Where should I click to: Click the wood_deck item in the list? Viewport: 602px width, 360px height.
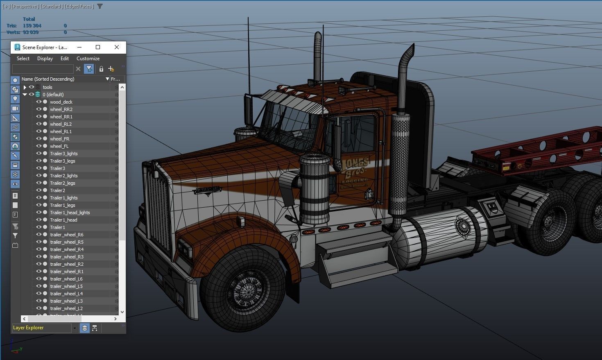pyautogui.click(x=61, y=102)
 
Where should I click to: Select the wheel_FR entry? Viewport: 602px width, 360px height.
pyautogui.click(x=59, y=139)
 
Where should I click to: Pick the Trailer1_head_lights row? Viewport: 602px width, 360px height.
pyautogui.click(x=70, y=213)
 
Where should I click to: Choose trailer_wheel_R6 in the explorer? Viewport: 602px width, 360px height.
pyautogui.click(x=66, y=235)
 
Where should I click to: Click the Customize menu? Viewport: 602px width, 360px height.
pyautogui.click(x=88, y=59)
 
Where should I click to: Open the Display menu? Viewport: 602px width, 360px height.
pyautogui.click(x=45, y=59)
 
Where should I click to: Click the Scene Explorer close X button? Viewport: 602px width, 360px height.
pyautogui.click(x=117, y=47)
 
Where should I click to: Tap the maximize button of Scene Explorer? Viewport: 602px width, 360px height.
pyautogui.click(x=98, y=47)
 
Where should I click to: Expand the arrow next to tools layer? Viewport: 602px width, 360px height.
pyautogui.click(x=25, y=87)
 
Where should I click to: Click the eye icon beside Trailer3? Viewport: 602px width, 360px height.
pyautogui.click(x=38, y=168)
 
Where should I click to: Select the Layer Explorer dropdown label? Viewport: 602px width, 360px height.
pyautogui.click(x=41, y=328)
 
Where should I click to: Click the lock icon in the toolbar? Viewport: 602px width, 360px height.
pyautogui.click(x=101, y=69)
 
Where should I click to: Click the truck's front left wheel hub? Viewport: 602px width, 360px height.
pyautogui.click(x=245, y=290)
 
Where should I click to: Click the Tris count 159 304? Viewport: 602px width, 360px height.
pyautogui.click(x=32, y=25)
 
